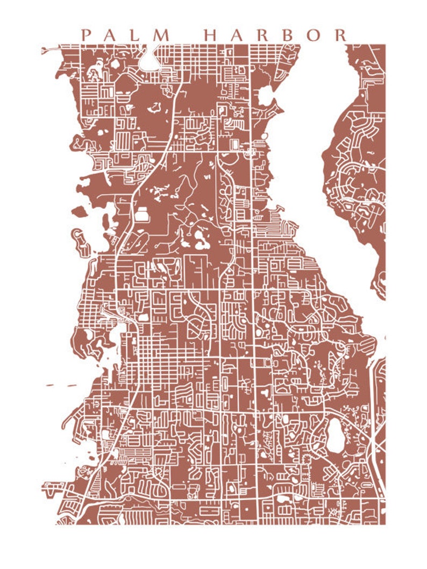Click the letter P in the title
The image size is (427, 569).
[85, 35]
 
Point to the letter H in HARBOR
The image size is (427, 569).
[212, 35]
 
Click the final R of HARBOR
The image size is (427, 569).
[340, 35]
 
